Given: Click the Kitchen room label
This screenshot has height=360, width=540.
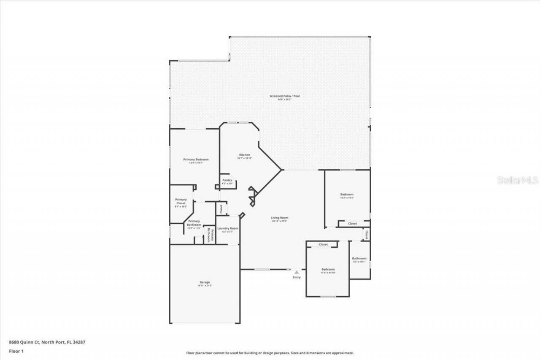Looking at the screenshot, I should (x=245, y=155).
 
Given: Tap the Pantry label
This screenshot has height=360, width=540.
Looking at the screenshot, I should (x=227, y=180).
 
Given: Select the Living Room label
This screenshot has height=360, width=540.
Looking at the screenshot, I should (x=279, y=218).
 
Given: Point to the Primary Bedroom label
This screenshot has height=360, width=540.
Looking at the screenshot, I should (x=196, y=160).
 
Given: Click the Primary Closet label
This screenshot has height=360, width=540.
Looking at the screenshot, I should (x=181, y=201).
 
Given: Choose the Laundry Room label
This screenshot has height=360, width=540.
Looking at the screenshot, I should (x=228, y=228).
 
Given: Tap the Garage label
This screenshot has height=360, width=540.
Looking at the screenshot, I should (x=205, y=282).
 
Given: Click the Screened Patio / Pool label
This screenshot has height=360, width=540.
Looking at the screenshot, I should (x=284, y=96).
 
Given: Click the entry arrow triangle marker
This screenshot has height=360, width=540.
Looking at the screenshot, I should (x=297, y=272).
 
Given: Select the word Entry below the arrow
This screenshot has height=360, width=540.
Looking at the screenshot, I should (x=297, y=277).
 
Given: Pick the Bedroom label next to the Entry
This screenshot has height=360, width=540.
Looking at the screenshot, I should (x=328, y=269).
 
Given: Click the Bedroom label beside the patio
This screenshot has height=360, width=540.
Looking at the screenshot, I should (x=347, y=195).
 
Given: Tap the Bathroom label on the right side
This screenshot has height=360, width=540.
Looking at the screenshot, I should (x=359, y=258).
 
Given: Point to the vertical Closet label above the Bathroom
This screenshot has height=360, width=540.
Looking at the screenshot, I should (x=366, y=234).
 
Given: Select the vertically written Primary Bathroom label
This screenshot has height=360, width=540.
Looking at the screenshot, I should (x=209, y=235).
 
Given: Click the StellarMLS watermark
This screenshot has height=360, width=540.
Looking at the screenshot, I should (x=518, y=180).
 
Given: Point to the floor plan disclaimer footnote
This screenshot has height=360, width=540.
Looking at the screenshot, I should (x=270, y=353).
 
